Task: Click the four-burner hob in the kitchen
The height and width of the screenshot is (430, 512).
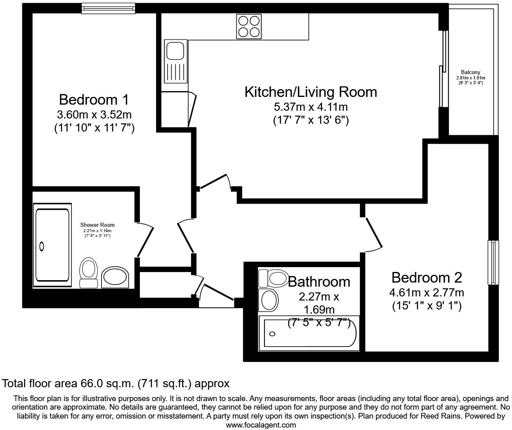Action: (x=249, y=26)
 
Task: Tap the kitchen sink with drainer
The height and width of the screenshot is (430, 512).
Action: (x=175, y=61)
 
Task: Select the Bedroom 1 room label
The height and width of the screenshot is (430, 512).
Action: (x=94, y=99)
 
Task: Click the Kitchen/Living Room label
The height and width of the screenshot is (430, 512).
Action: (x=311, y=92)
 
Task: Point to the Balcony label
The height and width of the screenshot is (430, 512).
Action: (x=470, y=72)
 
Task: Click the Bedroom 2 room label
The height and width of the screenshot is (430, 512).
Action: (x=426, y=278)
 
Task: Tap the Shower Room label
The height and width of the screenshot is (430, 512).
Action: (x=97, y=225)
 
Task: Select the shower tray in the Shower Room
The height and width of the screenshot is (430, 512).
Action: (x=52, y=245)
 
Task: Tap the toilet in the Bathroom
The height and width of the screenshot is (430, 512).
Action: (x=274, y=278)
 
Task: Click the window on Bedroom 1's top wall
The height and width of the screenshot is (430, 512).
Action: (x=108, y=8)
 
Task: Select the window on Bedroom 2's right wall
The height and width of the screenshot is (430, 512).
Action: (x=493, y=263)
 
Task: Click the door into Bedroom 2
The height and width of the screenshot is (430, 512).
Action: (x=373, y=233)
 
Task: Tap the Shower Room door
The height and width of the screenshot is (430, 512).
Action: (x=145, y=240)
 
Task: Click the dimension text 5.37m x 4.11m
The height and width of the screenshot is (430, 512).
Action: (x=311, y=107)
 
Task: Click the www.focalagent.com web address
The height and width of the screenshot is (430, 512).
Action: (x=261, y=425)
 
